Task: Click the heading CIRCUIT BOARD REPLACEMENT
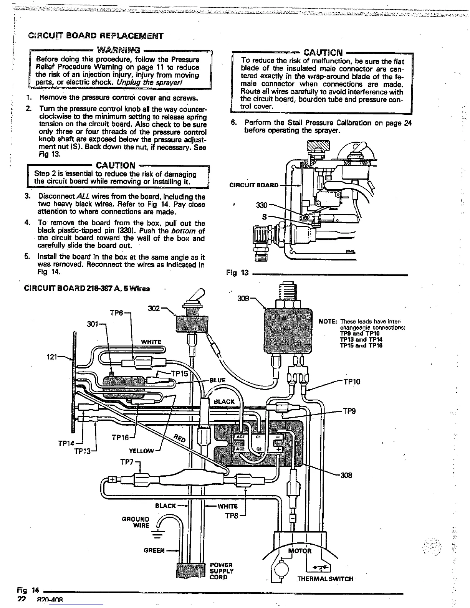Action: (x=96, y=36)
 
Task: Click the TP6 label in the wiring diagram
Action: (x=116, y=313)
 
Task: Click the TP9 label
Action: (x=349, y=411)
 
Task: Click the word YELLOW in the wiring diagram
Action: (x=141, y=451)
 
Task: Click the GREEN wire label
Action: (x=154, y=550)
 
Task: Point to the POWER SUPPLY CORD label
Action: (x=221, y=571)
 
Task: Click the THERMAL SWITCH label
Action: (x=325, y=579)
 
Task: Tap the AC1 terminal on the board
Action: (x=240, y=438)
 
